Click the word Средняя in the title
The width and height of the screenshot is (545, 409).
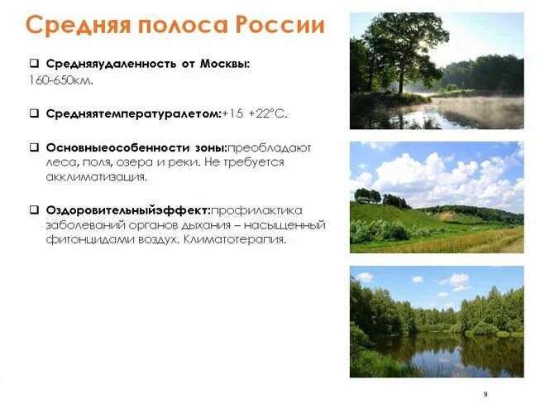click(x=71, y=25)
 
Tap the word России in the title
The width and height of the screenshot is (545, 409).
click(x=281, y=25)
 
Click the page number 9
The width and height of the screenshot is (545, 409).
click(x=485, y=393)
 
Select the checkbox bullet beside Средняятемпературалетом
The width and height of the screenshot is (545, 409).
click(x=35, y=112)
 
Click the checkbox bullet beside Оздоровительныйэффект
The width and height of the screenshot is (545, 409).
click(x=35, y=209)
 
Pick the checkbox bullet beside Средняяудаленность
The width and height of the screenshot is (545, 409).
click(x=35, y=64)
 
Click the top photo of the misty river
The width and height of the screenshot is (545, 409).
click(x=436, y=71)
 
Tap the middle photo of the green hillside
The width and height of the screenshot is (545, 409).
click(x=436, y=197)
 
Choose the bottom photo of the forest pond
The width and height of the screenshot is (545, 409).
click(x=436, y=321)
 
